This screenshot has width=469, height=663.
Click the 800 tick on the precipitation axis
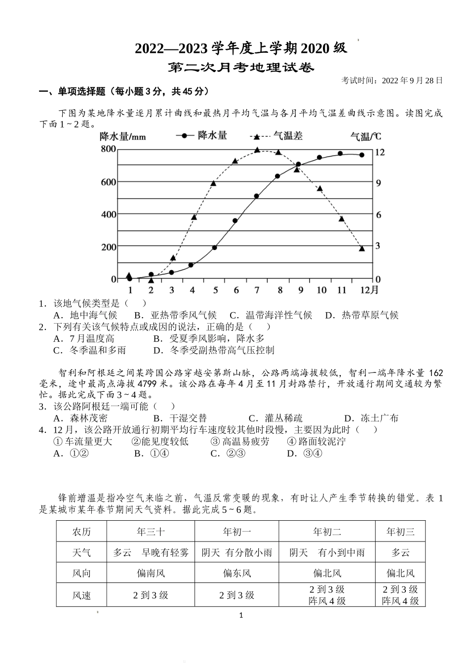(x=108, y=149)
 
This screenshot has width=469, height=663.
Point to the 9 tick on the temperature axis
(x=379, y=183)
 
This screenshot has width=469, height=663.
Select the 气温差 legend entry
(x=287, y=135)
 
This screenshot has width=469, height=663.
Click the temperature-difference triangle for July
(x=257, y=150)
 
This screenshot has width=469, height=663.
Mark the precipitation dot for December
(x=362, y=155)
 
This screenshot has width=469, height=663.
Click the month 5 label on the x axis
(x=215, y=290)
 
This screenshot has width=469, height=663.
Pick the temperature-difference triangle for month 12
(x=362, y=249)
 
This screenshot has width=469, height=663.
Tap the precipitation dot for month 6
(x=235, y=221)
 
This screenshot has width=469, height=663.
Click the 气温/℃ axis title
(x=365, y=136)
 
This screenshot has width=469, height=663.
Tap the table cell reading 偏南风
(x=151, y=574)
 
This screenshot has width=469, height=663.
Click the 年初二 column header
(x=327, y=532)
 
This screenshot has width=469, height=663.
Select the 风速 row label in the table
(x=81, y=595)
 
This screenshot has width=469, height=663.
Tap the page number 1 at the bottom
(x=241, y=615)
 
